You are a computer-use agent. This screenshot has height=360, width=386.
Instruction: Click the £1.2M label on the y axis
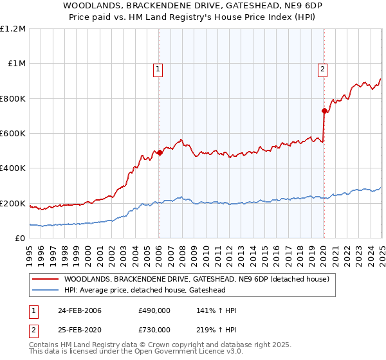coord(13,29)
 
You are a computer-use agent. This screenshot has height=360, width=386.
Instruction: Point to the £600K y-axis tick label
coord(13,134)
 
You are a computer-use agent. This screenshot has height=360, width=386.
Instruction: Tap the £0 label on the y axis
coord(21,239)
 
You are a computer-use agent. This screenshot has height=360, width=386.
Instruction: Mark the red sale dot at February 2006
coord(160,153)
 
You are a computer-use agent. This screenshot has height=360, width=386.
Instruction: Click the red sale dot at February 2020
coord(324,111)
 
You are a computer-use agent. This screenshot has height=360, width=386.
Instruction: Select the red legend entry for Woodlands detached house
coord(196,279)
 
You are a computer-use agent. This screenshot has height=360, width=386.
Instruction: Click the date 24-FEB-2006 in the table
coord(80,310)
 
